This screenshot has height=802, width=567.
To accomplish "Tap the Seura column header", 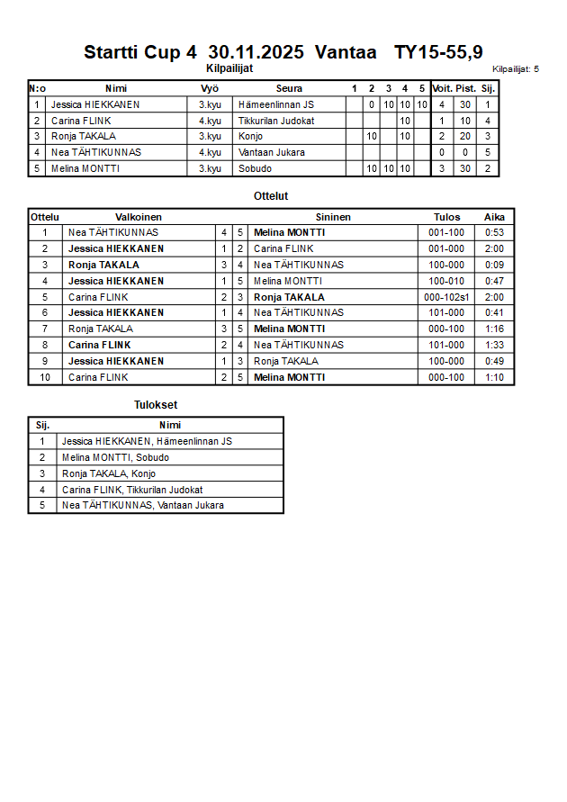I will (x=289, y=88).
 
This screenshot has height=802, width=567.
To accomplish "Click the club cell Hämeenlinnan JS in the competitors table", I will (x=276, y=104).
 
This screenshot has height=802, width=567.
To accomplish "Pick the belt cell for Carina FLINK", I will (x=210, y=121).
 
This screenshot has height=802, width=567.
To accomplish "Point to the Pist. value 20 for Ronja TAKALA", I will (x=465, y=136).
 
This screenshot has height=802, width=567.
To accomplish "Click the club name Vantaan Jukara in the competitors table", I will (x=271, y=152).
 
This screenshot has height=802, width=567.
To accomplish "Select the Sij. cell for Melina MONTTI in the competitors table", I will (x=487, y=168).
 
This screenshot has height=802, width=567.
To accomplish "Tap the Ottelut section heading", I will (x=271, y=195).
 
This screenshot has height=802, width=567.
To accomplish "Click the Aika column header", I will (x=494, y=217).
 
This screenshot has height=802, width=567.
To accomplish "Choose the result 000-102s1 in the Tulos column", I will (x=446, y=297).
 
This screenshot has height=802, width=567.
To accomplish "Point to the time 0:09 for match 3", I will (x=494, y=265).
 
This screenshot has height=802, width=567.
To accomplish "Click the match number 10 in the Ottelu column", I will (x=45, y=377).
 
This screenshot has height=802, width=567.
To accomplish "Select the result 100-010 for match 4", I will (x=446, y=281).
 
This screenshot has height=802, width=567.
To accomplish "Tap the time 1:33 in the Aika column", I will (x=494, y=345).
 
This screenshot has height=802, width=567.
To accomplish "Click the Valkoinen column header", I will (x=139, y=217).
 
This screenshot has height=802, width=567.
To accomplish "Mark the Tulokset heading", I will (x=156, y=405).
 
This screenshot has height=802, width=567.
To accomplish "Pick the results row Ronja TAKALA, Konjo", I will (x=109, y=473).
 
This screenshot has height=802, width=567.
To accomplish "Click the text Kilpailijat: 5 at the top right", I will (x=516, y=68).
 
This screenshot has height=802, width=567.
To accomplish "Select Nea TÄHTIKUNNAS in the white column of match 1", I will (x=113, y=232).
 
